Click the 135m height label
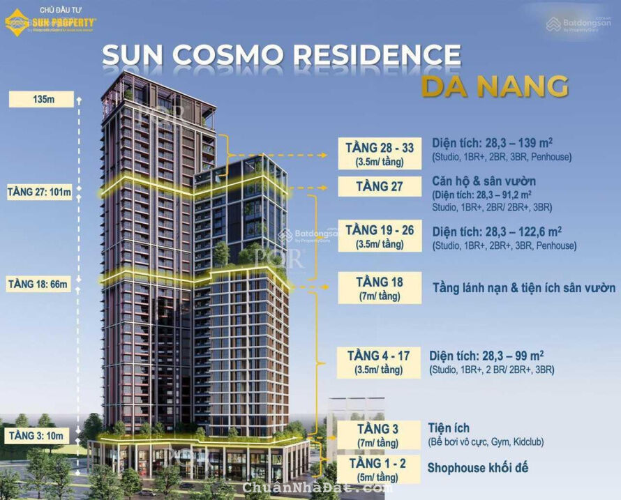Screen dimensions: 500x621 pos(42,99)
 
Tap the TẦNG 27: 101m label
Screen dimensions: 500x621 pos(40,192)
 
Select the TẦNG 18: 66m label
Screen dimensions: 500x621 pos(39,285)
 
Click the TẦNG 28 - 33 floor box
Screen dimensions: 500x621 pos(380,154)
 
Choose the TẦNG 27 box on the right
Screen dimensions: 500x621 pos(380,186)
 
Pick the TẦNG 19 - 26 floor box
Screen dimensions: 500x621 pos(380,236)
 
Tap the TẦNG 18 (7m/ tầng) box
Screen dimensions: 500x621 pos(380,287)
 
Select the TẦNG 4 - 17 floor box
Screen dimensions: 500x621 pos(379,362)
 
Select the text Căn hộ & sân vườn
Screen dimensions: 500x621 pos(484,181)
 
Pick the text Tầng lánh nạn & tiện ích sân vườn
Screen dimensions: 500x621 pos(524,287)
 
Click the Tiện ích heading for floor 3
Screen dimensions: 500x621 pos(449,427)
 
